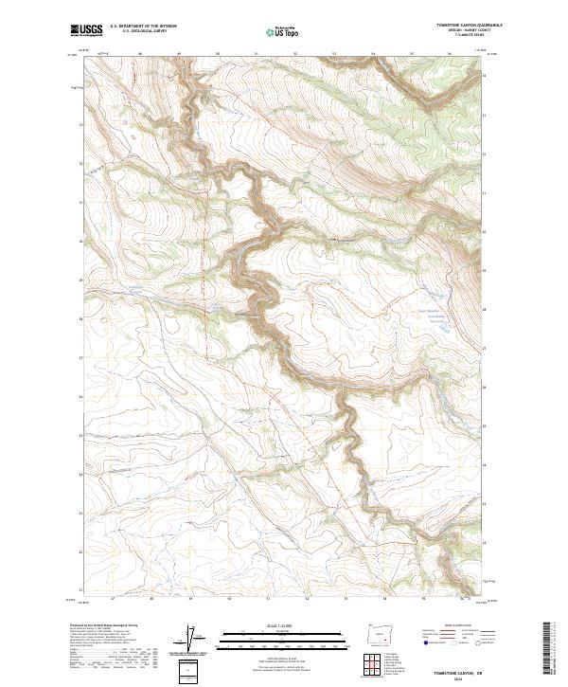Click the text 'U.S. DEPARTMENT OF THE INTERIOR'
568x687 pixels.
coord(143,27)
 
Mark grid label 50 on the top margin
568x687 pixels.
coord(218,55)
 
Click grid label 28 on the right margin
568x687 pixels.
coord(486,309)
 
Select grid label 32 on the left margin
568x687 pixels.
coord(80,164)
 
